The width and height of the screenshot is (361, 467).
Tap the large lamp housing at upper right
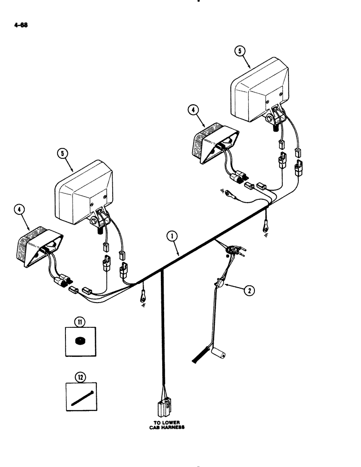pos(260,84)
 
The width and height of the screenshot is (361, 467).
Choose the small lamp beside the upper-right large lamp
pos(215,143)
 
